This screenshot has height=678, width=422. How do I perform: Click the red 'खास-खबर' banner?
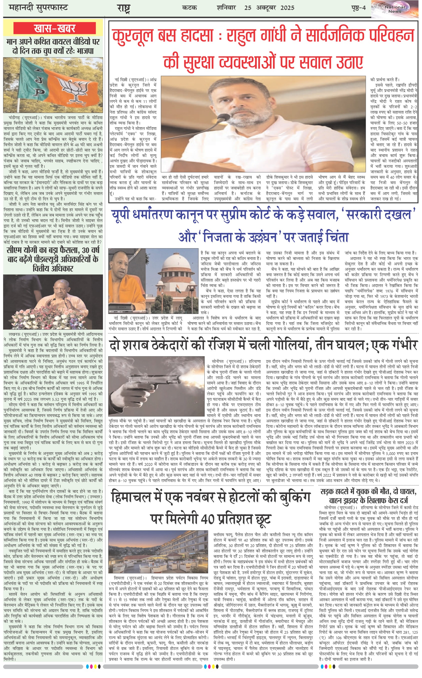click(55, 28)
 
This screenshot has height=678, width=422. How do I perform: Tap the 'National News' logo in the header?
click(395, 9)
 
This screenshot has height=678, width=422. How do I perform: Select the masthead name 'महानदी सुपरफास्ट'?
click(38, 8)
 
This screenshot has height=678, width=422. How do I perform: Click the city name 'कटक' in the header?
click(189, 8)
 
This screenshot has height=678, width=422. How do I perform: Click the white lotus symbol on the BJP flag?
click(74, 88)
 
